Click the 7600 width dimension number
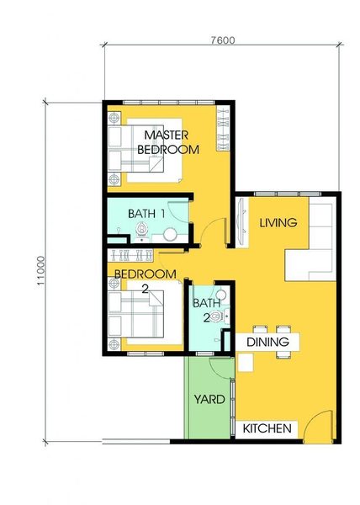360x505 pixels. (x=223, y=40)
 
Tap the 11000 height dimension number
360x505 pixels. (x=40, y=270)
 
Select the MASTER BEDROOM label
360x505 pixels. (x=168, y=142)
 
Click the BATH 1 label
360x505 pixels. (x=146, y=214)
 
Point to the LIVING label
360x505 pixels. (x=278, y=222)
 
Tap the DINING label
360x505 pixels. (x=267, y=342)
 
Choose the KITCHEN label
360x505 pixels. (x=267, y=428)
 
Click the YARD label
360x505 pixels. (x=209, y=399)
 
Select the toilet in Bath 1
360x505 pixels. (x=141, y=231)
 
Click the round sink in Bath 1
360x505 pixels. (x=170, y=234)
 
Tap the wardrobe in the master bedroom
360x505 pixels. (x=223, y=129)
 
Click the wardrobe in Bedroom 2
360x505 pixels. (x=130, y=255)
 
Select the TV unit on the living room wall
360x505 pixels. (x=242, y=222)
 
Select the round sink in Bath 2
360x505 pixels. (x=220, y=295)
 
